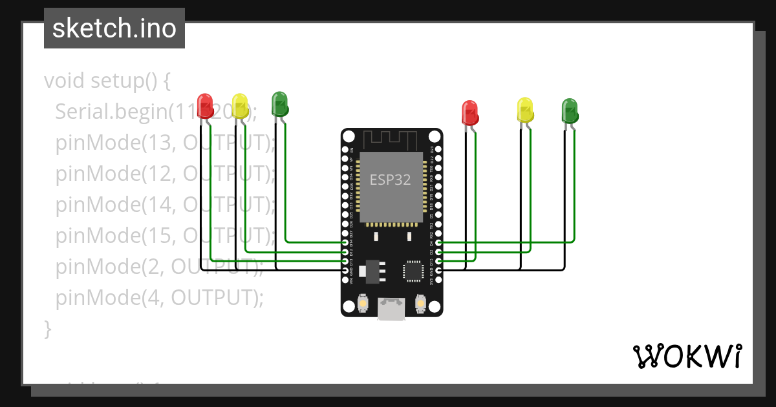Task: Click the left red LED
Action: (x=205, y=106)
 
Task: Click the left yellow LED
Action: (x=240, y=106)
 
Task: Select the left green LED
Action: (x=279, y=104)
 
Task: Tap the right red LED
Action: (x=469, y=112)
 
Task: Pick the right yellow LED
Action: (x=525, y=110)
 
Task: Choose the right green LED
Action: (x=569, y=110)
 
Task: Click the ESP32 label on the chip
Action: (x=390, y=180)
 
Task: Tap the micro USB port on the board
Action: (x=392, y=309)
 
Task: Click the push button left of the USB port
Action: (x=363, y=303)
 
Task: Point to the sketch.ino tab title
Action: (x=114, y=28)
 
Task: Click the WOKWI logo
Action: (x=687, y=356)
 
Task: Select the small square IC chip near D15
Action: (x=413, y=271)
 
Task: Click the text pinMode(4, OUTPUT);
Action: (x=160, y=297)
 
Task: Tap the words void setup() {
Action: (x=107, y=81)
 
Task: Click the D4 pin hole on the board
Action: (x=439, y=243)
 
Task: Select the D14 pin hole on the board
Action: (x=345, y=243)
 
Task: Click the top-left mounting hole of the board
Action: (x=349, y=137)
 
